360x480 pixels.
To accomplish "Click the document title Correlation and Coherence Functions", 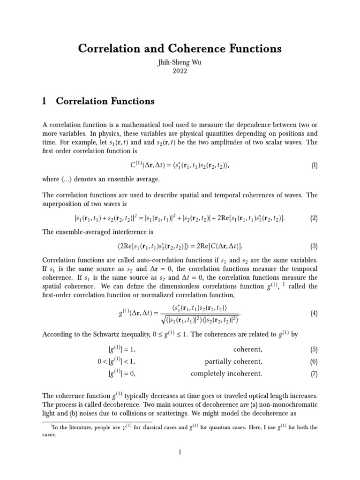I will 180,48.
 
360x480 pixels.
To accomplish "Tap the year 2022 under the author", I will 180,71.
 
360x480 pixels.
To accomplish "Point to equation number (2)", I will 314,218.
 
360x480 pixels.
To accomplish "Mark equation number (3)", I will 314,246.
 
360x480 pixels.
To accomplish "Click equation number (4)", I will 314,314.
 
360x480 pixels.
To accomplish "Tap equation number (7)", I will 314,374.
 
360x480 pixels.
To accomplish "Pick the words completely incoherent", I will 226,374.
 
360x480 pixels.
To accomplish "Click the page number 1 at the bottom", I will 180,452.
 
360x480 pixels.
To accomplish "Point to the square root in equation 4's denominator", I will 163,320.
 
